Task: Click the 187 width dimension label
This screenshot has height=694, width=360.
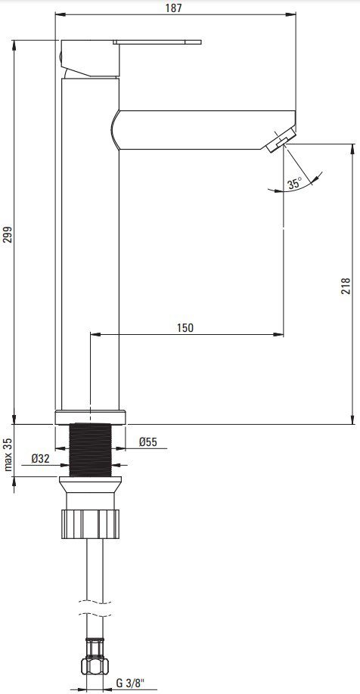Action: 175,8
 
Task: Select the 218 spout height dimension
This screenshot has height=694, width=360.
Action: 346,286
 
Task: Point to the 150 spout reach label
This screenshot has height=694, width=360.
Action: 185,327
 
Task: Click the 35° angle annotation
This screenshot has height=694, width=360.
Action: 294,183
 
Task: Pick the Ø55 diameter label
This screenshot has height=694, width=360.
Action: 148,441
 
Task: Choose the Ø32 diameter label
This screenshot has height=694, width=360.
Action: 40,459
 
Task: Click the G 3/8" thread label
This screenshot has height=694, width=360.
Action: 129,683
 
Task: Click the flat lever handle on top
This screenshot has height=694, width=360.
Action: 157,42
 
